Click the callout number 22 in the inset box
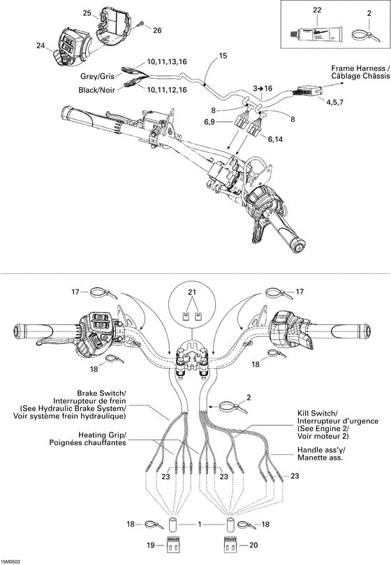pyautogui.click(x=317, y=10)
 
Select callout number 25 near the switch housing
pyautogui.click(x=87, y=13)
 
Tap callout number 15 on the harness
pyautogui.click(x=223, y=55)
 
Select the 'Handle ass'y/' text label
pyautogui.click(x=320, y=450)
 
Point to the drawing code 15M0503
pyautogui.click(x=13, y=560)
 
